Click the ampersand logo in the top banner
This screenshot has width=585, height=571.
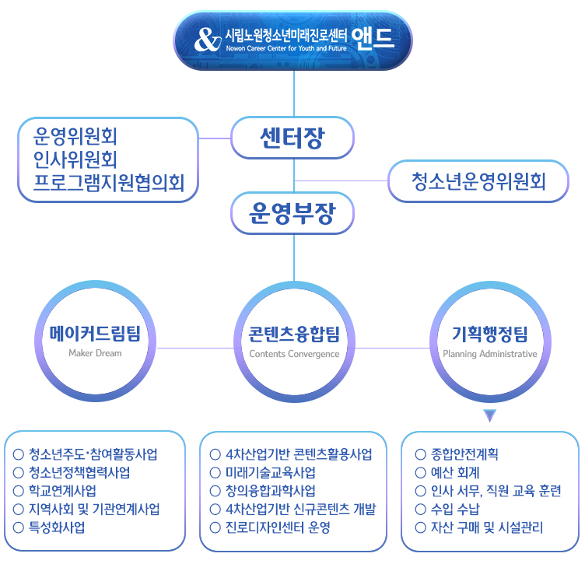[x=208, y=40]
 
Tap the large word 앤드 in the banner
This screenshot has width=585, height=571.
[x=373, y=39]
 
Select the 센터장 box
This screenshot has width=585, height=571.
[x=292, y=138]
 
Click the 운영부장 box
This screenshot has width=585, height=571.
[x=292, y=213]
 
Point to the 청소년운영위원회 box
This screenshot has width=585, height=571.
[x=478, y=181]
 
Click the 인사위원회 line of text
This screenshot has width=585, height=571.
[x=75, y=159]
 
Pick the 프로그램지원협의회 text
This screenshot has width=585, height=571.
[x=109, y=183]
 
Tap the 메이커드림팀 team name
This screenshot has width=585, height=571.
[x=95, y=334]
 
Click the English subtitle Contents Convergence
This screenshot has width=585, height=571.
[x=294, y=354]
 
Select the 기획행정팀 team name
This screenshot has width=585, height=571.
[x=490, y=334]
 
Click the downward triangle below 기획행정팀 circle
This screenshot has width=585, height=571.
[x=489, y=415]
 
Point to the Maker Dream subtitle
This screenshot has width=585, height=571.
[x=95, y=353]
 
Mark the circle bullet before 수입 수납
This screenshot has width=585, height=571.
[x=420, y=509]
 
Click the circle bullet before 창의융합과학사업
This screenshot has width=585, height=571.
[x=215, y=491]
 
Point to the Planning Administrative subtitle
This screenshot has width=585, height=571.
[x=490, y=354]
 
